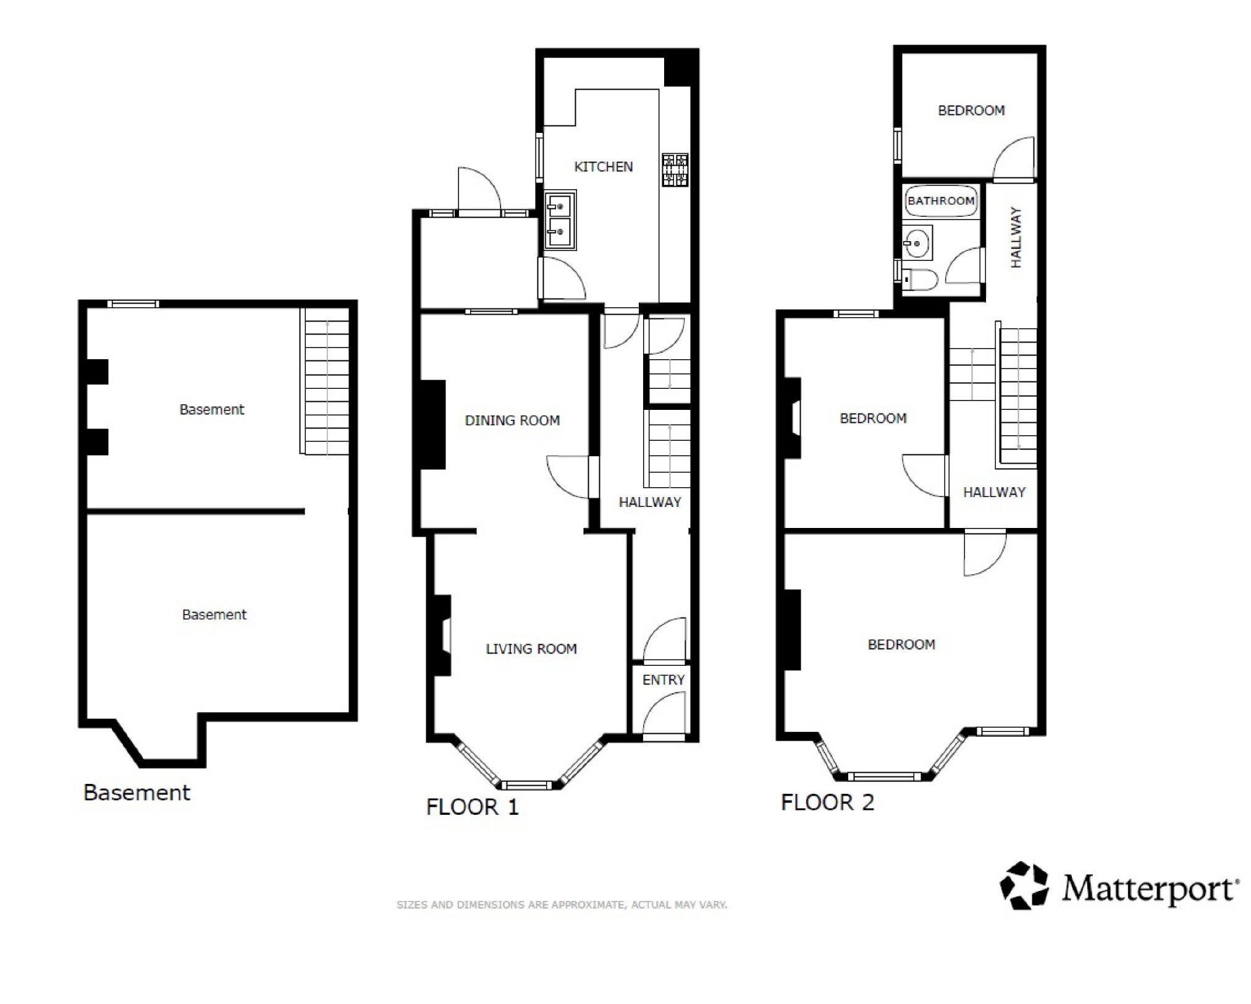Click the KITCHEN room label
pos(603,167)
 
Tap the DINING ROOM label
pos(512,420)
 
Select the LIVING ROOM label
pos(531,649)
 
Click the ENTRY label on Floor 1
pos(663,680)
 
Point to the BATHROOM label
pos(941,201)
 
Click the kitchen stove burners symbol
pos(675,170)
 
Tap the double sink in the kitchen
pos(560,220)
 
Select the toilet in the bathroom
pos(920,280)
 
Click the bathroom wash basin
pos(917,243)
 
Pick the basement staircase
pos(325,381)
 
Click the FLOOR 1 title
pos(473,807)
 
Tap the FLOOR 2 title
pos(828,802)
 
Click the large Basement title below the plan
pos(137,793)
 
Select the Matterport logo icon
pos(1024,886)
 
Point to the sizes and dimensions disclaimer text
pos(562,905)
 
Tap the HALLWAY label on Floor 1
pos(650,502)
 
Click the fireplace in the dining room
pos(432,425)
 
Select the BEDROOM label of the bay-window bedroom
pos(901,645)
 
